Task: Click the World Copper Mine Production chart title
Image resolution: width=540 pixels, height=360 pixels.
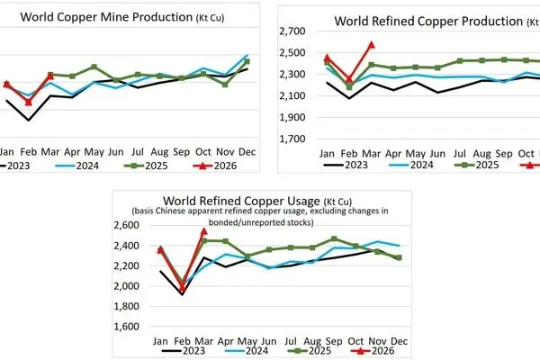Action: pos(122,17)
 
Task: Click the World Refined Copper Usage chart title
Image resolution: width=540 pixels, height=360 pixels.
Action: pos(257,201)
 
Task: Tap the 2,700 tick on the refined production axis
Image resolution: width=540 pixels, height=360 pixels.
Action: pos(292,31)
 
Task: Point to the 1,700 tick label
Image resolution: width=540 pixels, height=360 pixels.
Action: pos(292,139)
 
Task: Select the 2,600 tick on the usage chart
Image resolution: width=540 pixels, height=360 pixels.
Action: pos(126,225)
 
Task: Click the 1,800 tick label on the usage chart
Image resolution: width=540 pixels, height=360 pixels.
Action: pos(126,306)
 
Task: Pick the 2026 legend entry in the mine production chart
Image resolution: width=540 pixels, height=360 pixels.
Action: pos(215,166)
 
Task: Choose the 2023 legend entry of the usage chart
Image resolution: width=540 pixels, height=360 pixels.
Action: pos(184,351)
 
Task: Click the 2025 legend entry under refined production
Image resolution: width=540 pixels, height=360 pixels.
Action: pos(477,165)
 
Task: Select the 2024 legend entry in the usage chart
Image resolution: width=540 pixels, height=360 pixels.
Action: pos(247,351)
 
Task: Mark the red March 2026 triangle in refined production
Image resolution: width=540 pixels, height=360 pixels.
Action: pos(371,45)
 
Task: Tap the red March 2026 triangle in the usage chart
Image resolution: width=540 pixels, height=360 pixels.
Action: pos(204,231)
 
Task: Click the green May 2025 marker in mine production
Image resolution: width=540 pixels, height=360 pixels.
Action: pos(94,67)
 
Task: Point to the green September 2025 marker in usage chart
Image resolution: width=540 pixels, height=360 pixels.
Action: pos(334,238)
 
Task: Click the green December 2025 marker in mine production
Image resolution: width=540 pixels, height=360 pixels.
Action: pos(247,62)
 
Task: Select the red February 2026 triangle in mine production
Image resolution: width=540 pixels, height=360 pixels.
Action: pos(29,102)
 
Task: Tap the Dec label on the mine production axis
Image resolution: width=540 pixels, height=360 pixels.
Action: pos(247,152)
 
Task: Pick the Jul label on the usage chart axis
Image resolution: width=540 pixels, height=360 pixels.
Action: pos(291,341)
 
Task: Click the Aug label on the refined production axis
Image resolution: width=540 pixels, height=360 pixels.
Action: pos(481,154)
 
